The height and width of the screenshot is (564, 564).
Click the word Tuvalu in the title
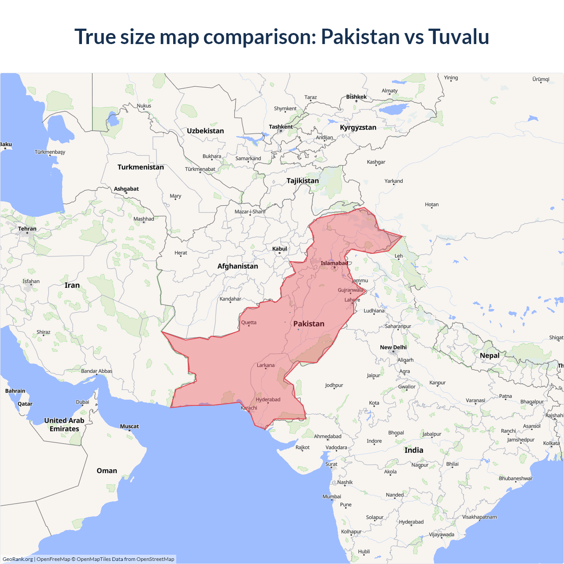coord(458,37)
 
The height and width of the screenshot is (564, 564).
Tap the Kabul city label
coord(279,249)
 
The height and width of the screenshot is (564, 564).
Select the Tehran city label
coord(27,229)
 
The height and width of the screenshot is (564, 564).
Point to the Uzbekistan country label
coord(205,131)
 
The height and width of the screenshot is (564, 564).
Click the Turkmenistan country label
coord(141,167)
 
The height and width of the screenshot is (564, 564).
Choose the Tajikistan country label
coord(303,181)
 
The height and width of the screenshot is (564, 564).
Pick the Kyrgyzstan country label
coord(358,127)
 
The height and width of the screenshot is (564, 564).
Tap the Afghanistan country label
coord(237,266)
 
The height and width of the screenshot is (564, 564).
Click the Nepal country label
coord(490,356)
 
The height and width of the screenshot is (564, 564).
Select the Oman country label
coord(107,471)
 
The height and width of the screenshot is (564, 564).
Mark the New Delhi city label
coord(393,347)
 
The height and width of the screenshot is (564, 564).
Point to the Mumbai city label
coord(331,497)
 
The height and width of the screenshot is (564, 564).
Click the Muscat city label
coord(129,426)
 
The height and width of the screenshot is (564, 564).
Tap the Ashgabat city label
coord(126,189)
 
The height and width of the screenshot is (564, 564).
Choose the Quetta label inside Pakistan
coord(249,323)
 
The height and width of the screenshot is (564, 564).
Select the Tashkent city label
coord(281,127)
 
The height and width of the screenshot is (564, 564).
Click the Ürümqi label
coord(541,79)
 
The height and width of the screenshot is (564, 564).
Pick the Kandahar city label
coord(230,299)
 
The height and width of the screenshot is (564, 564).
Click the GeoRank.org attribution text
coord(18,559)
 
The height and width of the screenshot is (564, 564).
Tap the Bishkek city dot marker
coord(356,101)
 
